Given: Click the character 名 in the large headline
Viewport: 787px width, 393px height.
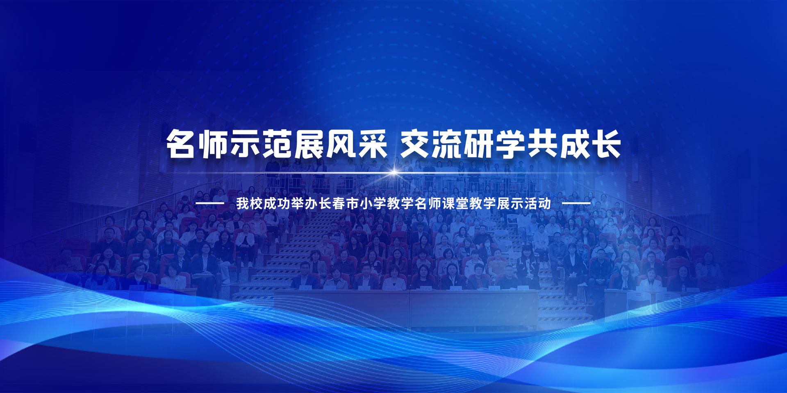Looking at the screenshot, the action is coord(180,144).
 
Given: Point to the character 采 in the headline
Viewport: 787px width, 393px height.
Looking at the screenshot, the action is coord(372,144).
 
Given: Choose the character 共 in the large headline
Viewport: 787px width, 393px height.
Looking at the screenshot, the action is coord(543,144).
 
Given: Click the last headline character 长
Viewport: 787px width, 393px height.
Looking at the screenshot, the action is coord(607,144).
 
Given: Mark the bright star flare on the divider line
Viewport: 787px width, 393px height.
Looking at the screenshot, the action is coord(394,172).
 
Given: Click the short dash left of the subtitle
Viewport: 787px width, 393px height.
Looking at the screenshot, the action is coord(209,203).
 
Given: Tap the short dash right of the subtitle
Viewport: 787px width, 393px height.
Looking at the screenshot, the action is coord(576,203).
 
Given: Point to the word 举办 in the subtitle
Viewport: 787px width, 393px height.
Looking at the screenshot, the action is coord(305,203).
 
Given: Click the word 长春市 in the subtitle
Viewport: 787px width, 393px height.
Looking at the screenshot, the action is coord(339,203).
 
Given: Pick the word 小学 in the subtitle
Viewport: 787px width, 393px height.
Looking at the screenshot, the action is coord(373,203).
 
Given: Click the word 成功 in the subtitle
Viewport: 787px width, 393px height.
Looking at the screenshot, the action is coord(277,203).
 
